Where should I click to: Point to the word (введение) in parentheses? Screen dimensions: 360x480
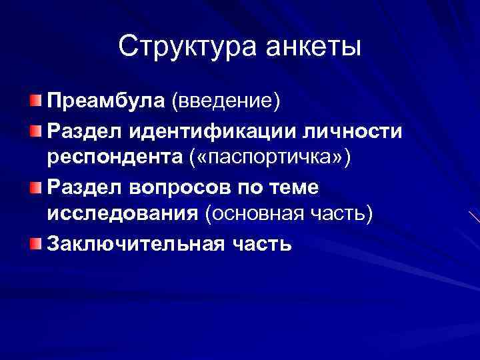point(227,101)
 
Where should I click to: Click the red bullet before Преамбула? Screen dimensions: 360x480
point(35,101)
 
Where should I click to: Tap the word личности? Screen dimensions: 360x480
point(354,131)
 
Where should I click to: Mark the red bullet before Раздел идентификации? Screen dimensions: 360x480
point(35,131)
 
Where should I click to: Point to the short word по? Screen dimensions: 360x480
point(254,187)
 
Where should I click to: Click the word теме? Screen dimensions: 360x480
point(296,187)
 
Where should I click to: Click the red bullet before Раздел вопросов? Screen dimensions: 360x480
point(35,187)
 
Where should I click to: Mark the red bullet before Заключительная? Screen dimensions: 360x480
point(35,245)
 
